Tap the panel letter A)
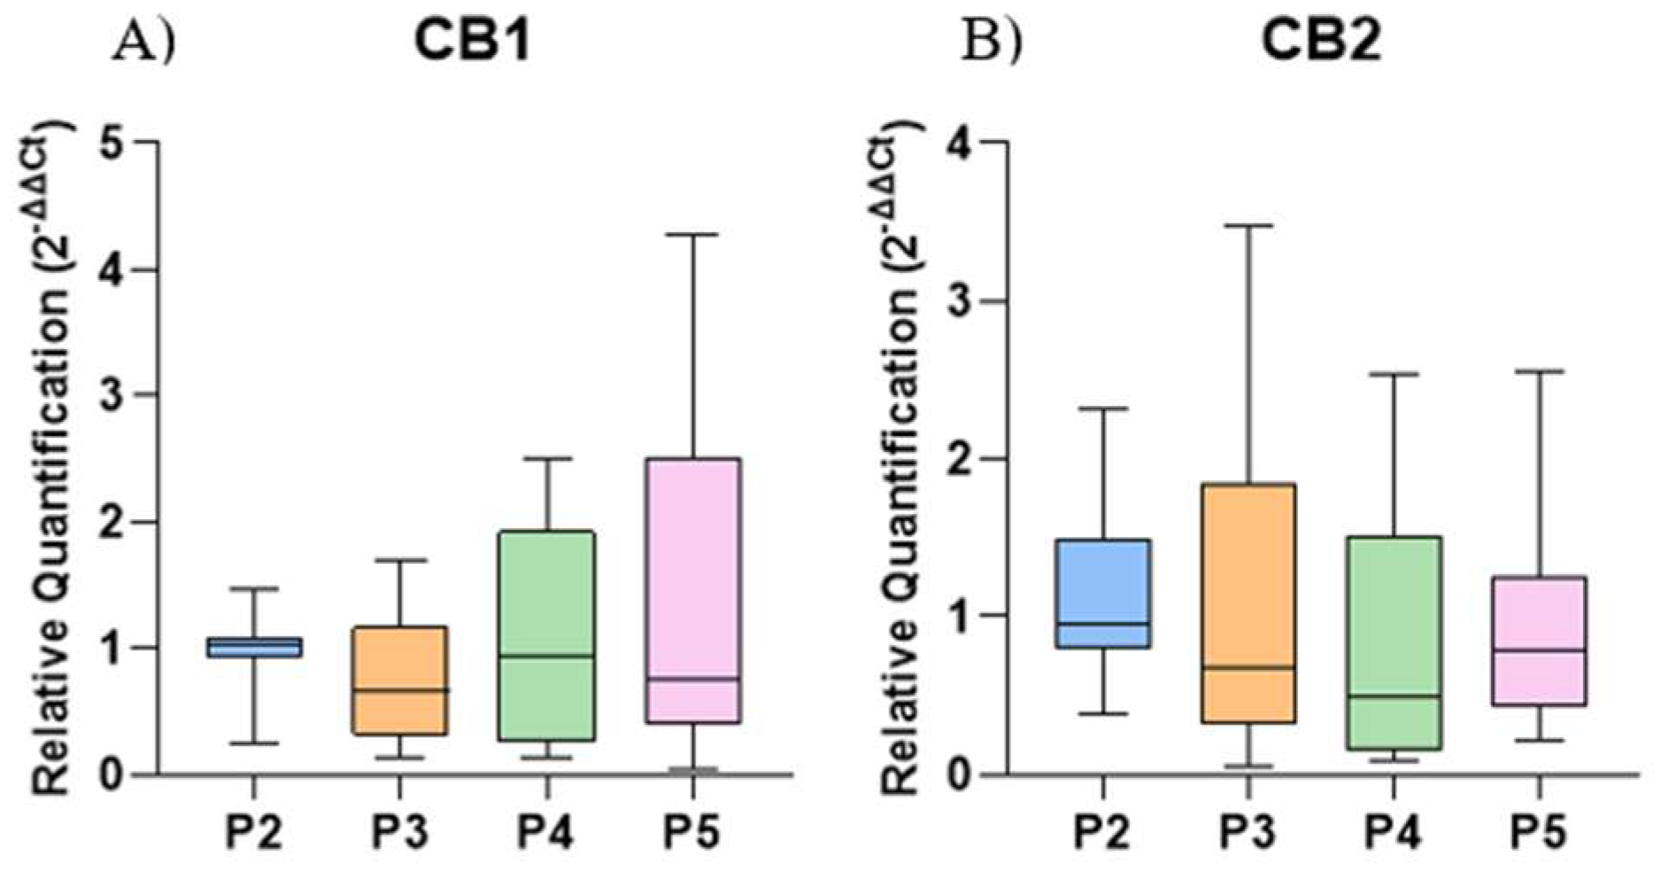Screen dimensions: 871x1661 pos(143,43)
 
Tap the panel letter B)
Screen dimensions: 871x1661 pos(993,43)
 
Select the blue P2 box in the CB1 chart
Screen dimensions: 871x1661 pos(254,648)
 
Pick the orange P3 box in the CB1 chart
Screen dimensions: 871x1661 pos(400,680)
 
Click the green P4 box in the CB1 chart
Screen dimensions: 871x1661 pos(547,635)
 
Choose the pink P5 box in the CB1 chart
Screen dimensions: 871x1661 pos(693,590)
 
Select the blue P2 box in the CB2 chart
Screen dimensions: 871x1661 pos(1104,593)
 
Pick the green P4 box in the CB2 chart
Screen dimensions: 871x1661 pos(1394,642)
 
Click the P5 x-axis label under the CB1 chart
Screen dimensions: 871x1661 pos(693,832)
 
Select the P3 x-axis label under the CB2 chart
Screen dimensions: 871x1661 pos(1248,832)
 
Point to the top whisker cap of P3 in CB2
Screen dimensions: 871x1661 pos(1248,226)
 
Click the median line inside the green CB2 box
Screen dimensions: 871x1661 pos(1394,696)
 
